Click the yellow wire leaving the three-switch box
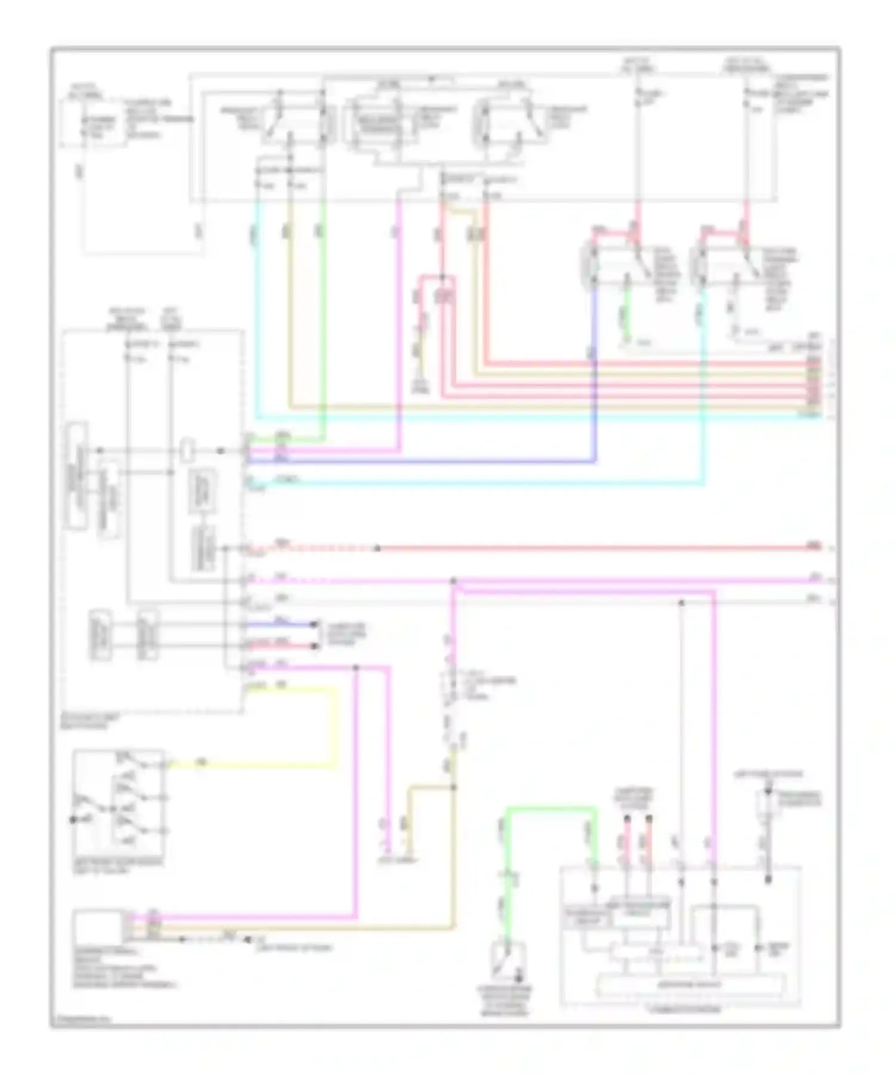pyautogui.click(x=251, y=764)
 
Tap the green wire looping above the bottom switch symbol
pyautogui.click(x=549, y=810)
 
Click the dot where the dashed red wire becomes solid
pyautogui.click(x=377, y=548)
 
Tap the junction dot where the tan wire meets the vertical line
pyautogui.click(x=453, y=787)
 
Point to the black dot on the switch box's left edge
pyautogui.click(x=73, y=819)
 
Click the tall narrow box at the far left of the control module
pyautogui.click(x=78, y=475)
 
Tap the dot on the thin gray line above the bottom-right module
pyautogui.click(x=681, y=603)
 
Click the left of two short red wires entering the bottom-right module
pyautogui.click(x=626, y=841)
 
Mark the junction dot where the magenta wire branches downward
pyautogui.click(x=453, y=580)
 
